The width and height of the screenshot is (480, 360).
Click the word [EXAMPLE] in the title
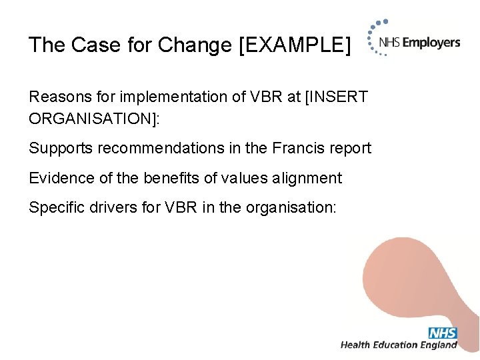tap(293, 45)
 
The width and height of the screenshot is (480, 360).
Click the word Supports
tap(61, 148)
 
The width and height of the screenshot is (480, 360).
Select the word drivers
tap(110, 208)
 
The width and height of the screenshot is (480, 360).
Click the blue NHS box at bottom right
tap(443, 333)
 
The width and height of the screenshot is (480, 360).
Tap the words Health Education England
tap(399, 345)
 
